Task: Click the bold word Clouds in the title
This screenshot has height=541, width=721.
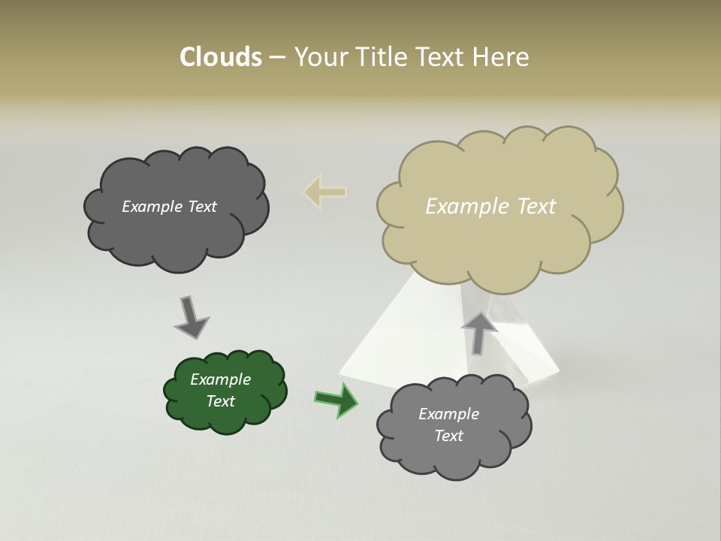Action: (x=221, y=57)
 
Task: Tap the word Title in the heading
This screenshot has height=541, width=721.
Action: (x=382, y=57)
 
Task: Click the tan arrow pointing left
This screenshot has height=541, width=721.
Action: (x=324, y=192)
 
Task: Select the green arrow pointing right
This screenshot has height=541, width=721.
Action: (x=336, y=399)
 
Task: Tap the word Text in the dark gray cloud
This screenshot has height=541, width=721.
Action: (x=201, y=207)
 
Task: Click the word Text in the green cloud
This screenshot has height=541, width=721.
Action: (x=220, y=401)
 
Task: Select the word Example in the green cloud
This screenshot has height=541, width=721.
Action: (x=220, y=379)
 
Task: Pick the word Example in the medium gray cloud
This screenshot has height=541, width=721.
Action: (x=448, y=414)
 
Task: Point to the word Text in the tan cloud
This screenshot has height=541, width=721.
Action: (x=536, y=207)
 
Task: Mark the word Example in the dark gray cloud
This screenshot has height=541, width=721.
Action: (x=152, y=207)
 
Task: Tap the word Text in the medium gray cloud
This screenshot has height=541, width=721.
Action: (x=448, y=436)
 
